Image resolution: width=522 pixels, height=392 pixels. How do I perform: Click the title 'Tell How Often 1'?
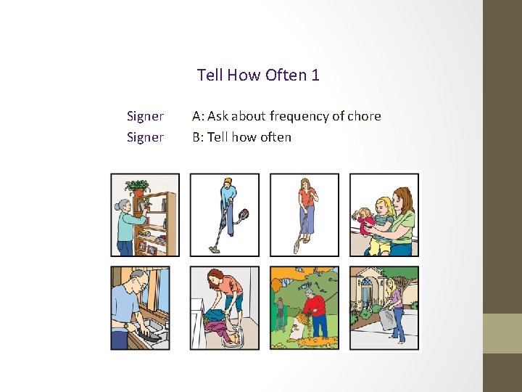pos(258,75)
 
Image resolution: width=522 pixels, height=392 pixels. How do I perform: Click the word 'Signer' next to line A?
pos(145,116)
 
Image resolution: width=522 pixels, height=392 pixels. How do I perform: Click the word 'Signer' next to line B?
pos(145,137)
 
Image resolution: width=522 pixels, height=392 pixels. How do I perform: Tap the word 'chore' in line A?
pos(363,116)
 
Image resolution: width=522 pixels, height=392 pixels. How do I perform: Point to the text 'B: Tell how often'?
pos(241,137)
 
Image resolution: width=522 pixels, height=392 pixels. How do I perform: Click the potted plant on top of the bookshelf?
pos(136,187)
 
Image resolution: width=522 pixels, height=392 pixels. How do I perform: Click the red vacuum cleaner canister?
pos(244,215)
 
